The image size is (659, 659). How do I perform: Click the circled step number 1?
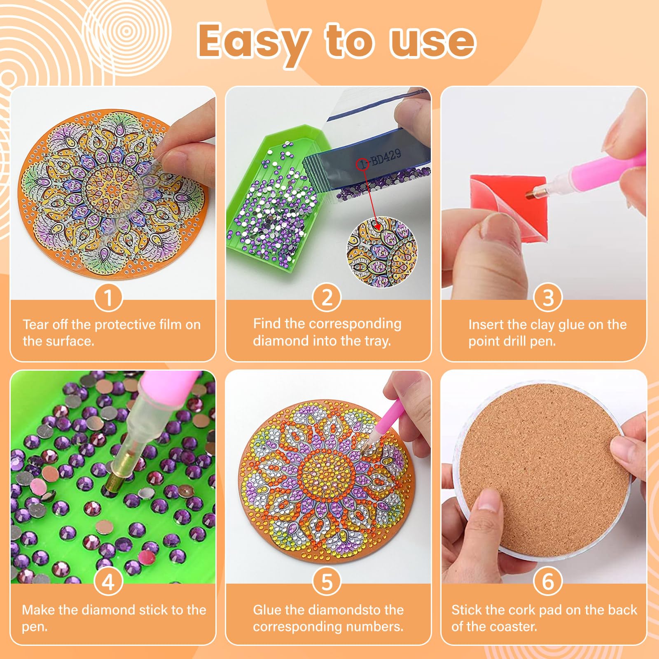108,297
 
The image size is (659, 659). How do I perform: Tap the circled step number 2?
327,297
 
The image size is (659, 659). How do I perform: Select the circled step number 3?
548,297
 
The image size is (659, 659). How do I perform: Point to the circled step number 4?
108,582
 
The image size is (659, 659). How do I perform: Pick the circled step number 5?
327,582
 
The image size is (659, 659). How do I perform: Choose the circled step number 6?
548,582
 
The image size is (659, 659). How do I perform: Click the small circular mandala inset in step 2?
382,252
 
